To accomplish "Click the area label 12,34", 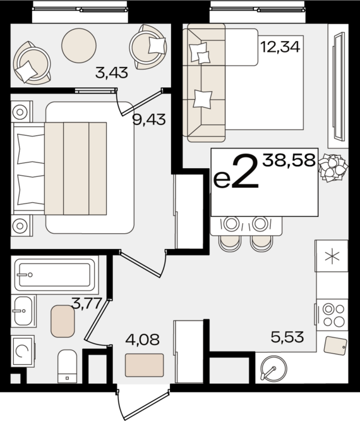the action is coord(280,47).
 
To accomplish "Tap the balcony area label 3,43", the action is coord(112,73).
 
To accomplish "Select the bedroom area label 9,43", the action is coord(149,119).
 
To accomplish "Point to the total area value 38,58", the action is coord(289,161).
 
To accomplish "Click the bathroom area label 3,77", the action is coord(87,303).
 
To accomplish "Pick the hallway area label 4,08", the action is coord(143,339).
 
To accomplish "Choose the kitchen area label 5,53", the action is coord(287,337).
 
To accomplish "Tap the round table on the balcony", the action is coord(79,46).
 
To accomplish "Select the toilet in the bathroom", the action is coord(68,366).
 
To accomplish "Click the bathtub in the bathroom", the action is coord(55,275).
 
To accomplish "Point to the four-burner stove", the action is coord(333,315).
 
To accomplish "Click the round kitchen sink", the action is coord(273,368).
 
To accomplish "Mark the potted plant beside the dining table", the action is coord(333,168).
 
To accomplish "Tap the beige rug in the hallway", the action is coord(145,365).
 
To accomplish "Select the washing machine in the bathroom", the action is coord(23,351).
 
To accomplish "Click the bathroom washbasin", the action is coord(23,310).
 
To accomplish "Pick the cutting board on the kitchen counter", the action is coord(335,345).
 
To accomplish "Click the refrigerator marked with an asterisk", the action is coord(332,256).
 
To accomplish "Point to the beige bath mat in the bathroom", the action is coord(63,321).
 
